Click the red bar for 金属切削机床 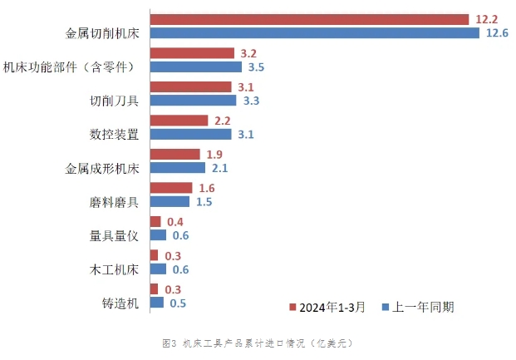click(309, 19)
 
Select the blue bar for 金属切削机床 click(314, 33)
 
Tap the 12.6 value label click(497, 33)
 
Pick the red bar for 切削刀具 click(190, 86)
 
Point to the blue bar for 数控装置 click(190, 134)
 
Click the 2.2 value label click(223, 121)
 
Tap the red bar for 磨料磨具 click(170, 188)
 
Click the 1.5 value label click(204, 201)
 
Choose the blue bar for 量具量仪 click(158, 235)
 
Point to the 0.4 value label click(174, 222)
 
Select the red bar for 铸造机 click(154, 288)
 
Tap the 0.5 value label click(178, 303)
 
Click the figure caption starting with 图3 click(258, 343)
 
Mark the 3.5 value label click(256, 67)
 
